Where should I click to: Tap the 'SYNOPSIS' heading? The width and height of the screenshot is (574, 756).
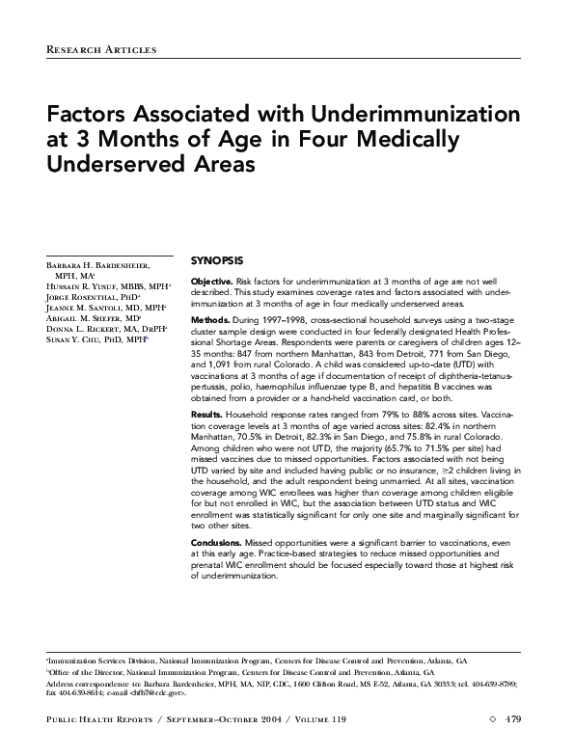click(217, 260)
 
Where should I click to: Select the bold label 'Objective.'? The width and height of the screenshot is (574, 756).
click(212, 281)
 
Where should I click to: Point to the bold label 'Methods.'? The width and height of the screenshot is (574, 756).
click(210, 319)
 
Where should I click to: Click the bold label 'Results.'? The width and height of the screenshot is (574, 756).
click(207, 415)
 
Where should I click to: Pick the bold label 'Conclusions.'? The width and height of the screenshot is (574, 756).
click(217, 544)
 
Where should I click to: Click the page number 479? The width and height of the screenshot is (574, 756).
click(513, 718)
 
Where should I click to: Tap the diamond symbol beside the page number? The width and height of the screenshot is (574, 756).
click(493, 718)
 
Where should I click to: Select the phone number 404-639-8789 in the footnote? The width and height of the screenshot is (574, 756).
click(495, 683)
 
